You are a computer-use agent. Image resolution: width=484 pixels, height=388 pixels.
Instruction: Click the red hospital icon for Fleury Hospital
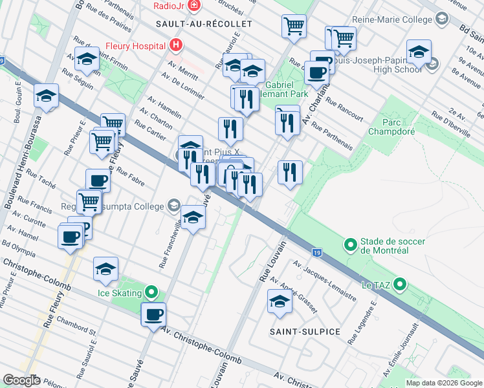point(175,46)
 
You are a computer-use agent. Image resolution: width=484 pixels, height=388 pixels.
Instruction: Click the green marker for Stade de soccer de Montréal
point(350,245)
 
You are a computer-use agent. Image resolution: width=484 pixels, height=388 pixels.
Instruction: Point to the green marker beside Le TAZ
point(400,284)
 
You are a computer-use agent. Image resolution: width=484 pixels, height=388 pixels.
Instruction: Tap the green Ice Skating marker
point(151,293)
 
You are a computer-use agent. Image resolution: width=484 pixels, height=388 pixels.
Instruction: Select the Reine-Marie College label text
point(392,19)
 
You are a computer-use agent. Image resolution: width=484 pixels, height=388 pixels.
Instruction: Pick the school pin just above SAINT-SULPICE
point(280,302)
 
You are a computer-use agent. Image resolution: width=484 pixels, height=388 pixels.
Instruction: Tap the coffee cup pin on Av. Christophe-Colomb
point(153,315)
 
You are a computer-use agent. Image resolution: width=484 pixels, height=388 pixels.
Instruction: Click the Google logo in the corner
point(21,380)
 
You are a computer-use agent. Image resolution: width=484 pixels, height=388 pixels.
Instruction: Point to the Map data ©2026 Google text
point(443,383)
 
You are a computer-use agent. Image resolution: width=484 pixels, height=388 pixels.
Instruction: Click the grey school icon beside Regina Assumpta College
point(173,206)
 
